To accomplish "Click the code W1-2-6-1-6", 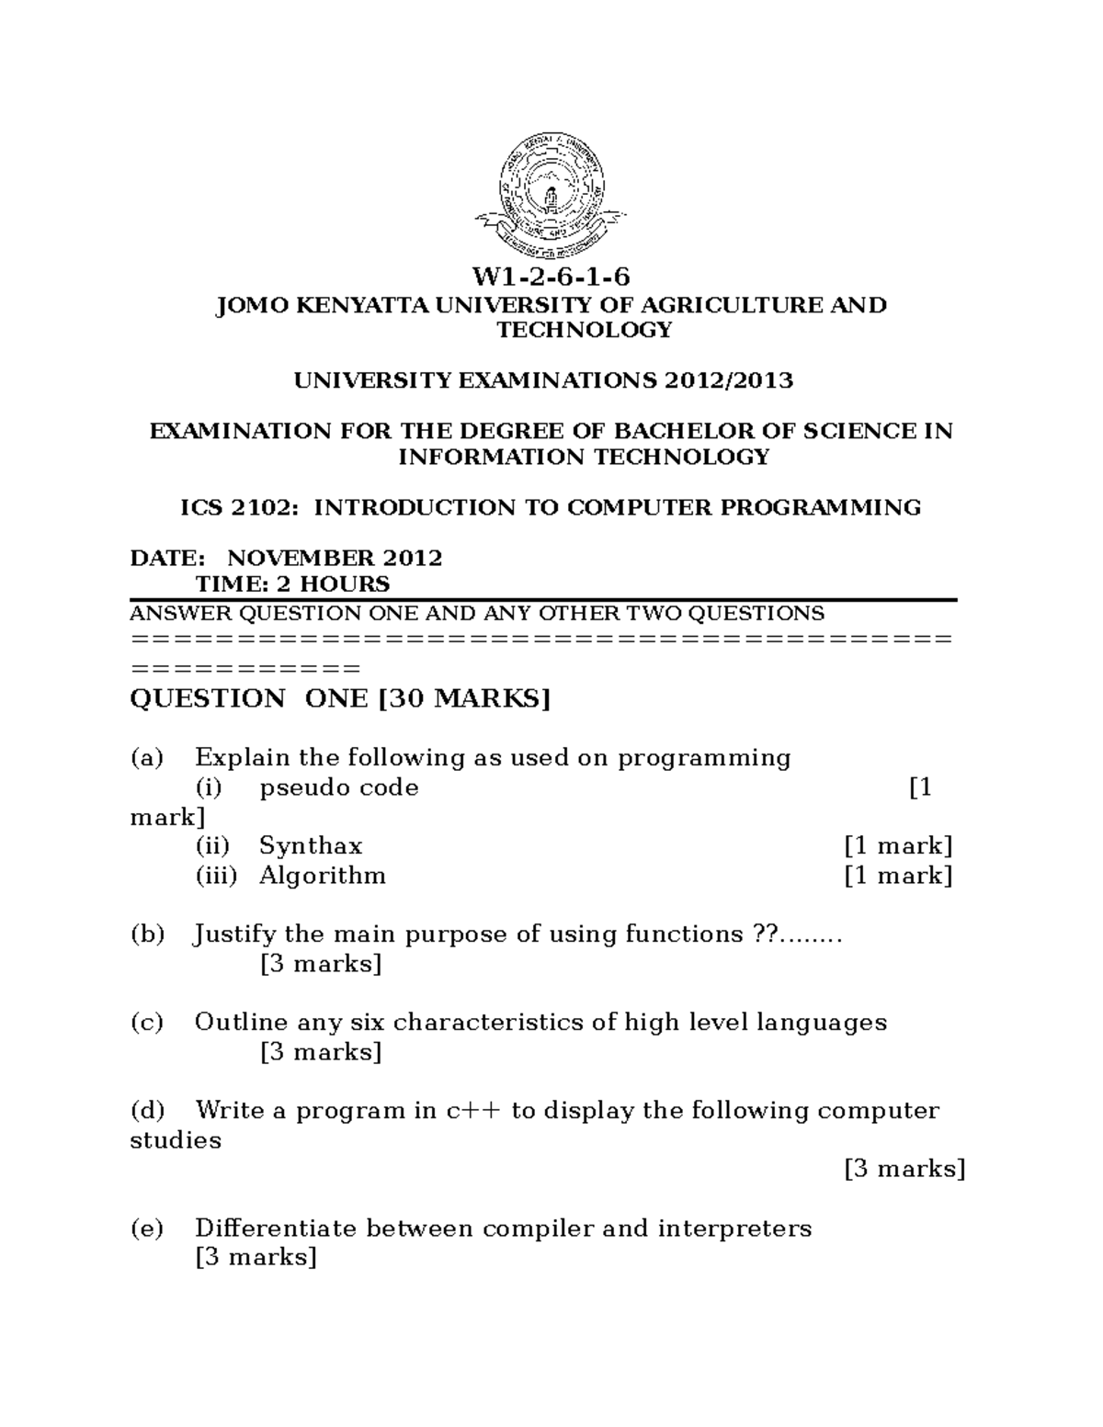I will click(551, 277).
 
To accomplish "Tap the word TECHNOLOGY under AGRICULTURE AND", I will click(585, 330).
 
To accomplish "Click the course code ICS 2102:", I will click(237, 507).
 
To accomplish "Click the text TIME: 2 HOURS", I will click(292, 584).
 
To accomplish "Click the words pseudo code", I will click(338, 787).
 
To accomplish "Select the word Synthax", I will click(311, 845).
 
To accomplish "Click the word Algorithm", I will click(322, 875).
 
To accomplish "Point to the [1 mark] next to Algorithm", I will click(898, 875).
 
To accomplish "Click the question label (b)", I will click(147, 934).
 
